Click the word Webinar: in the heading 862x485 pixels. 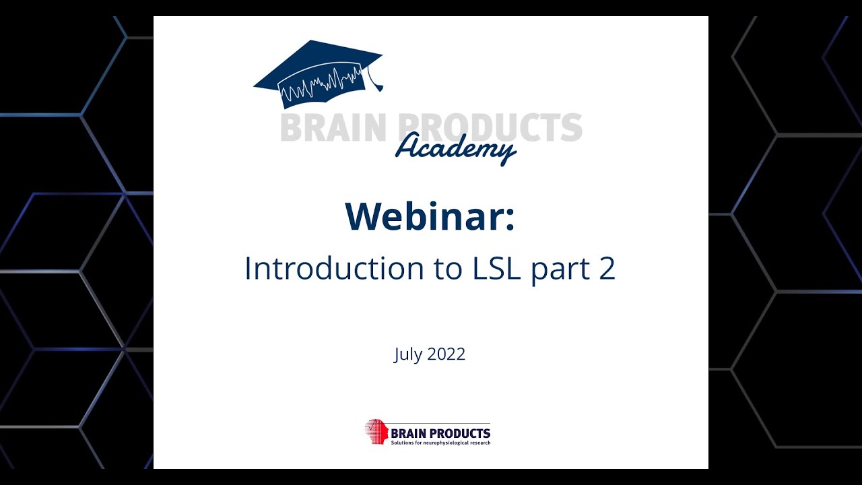point(430,216)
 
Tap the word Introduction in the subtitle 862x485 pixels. point(326,268)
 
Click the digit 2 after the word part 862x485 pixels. point(606,268)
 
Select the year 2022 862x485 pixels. point(446,354)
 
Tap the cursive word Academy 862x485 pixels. point(455,147)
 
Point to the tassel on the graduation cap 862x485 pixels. point(374,82)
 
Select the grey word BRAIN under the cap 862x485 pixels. point(333,128)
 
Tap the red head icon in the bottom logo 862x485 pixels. point(376,431)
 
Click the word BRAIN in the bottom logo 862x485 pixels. point(409,433)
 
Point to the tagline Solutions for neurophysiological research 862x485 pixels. point(440,443)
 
